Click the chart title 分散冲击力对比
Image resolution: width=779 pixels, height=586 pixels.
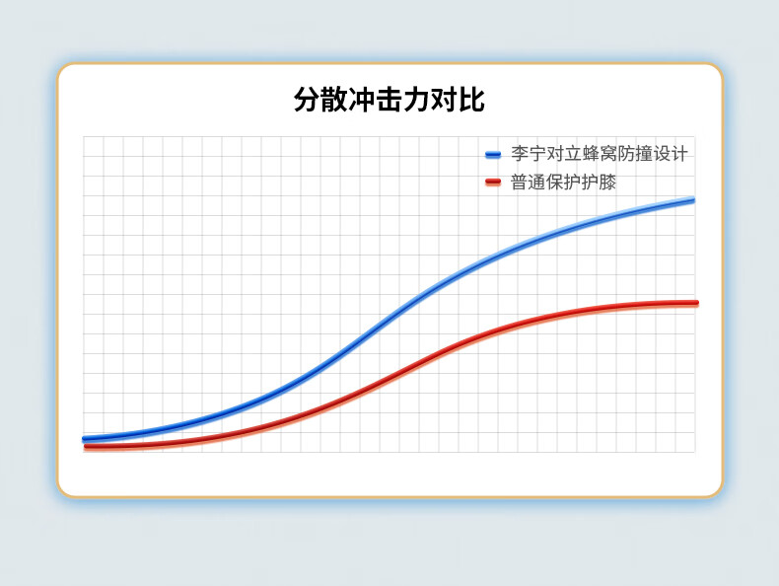point(389,100)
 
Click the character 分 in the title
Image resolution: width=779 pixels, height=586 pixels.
point(307,100)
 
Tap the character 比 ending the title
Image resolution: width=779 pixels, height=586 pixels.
point(472,100)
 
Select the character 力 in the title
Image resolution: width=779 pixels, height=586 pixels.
point(416,100)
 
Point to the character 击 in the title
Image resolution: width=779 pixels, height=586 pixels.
point(389,100)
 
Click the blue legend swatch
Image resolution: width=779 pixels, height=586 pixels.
point(493,155)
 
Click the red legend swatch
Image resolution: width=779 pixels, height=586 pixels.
point(493,183)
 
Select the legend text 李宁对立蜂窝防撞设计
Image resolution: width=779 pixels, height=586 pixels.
point(600,154)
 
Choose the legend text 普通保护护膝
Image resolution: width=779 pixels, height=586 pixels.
point(563,182)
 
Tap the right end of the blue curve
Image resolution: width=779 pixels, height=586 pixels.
point(692,200)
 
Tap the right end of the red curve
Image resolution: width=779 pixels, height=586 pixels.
point(696,303)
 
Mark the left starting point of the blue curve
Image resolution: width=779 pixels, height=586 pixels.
point(85,439)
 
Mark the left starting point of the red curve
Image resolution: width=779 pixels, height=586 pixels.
point(87,447)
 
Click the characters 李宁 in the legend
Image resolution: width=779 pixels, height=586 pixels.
point(529,154)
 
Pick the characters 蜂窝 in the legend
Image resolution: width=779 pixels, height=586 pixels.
point(600,154)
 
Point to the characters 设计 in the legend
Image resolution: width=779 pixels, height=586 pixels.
point(671,154)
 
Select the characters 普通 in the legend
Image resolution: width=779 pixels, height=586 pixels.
point(529,182)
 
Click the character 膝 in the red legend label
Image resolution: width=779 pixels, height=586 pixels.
point(607,182)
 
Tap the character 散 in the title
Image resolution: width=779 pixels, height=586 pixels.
point(334,100)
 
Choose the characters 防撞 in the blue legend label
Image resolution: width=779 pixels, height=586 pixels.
point(634,154)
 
